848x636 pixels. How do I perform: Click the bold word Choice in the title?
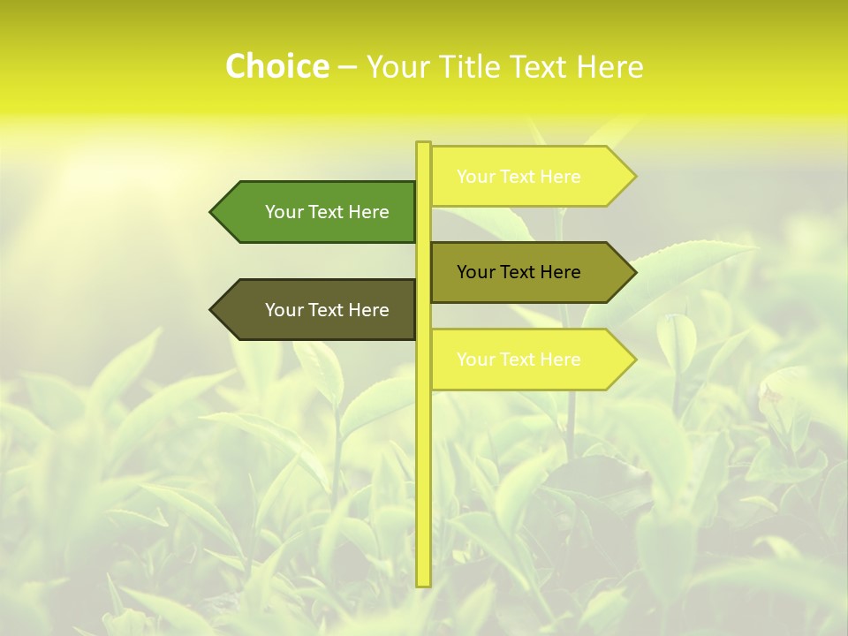click(276, 66)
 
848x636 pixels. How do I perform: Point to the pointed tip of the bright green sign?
click(212, 212)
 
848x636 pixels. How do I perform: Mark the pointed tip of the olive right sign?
click(634, 272)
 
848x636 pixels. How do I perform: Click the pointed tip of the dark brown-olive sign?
click(212, 310)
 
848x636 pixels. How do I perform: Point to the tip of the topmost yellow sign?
click(634, 177)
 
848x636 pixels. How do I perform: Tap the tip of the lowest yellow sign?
click(634, 360)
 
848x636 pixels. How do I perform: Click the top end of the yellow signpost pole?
click(423, 144)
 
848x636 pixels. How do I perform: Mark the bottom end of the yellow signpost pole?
click(423, 584)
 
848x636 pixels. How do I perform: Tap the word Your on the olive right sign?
click(475, 272)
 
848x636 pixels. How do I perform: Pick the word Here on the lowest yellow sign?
click(560, 360)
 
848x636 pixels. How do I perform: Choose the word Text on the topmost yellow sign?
click(519, 177)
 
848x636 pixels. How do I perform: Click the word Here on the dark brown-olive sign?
click(368, 310)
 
